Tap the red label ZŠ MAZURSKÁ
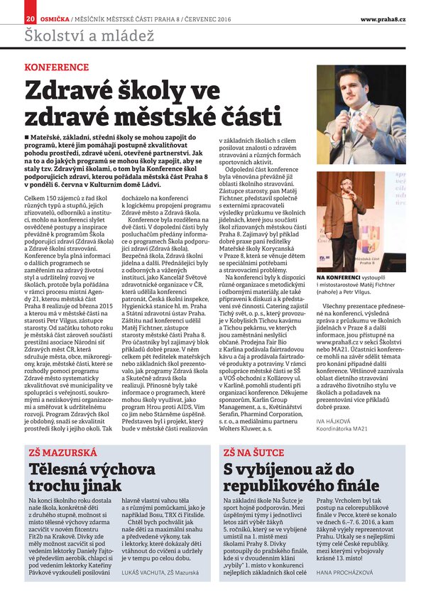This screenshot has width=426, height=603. [x=55, y=452]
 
